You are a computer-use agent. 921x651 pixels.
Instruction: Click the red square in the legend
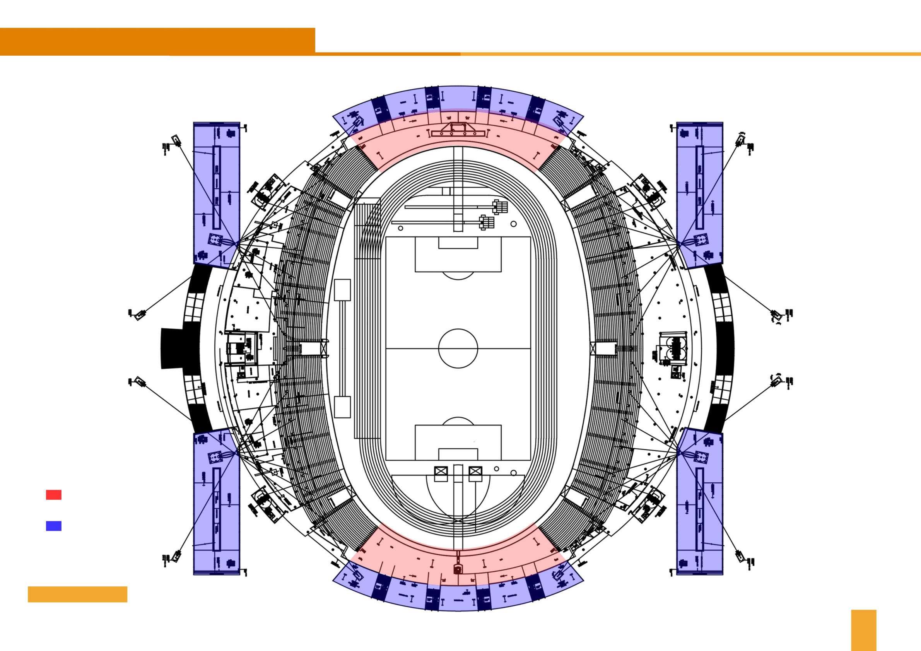pos(53,495)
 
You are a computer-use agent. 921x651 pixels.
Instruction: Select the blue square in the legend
pos(53,526)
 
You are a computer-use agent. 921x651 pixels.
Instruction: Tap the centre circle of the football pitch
pos(458,348)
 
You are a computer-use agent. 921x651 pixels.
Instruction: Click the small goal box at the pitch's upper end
pos(458,243)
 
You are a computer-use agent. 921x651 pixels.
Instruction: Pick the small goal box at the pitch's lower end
pos(458,454)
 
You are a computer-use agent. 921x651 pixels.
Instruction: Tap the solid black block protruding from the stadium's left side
pos(172,348)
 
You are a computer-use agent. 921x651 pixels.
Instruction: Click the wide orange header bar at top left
pos(157,41)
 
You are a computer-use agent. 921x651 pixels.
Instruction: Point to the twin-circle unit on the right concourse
pos(672,348)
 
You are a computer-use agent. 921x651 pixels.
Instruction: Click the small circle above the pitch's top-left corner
pos(400,228)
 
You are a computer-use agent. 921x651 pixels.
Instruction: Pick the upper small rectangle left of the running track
pos(342,290)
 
